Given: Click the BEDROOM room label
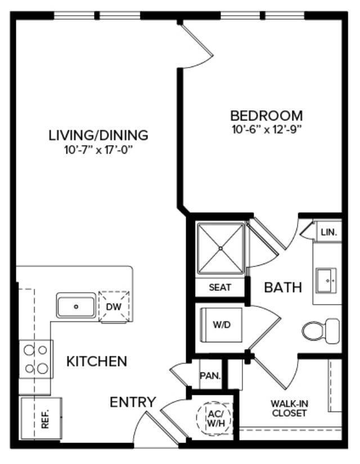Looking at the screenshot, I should pos(267,115).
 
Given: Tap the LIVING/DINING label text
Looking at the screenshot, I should pos(98,135).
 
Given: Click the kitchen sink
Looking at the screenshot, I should pos(76,306).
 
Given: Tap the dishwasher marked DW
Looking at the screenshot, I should pos(114,306).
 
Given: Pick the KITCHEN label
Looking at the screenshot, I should pos(97,361).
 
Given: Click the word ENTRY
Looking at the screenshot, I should pos(133,402).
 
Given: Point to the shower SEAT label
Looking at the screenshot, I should pos(220,287).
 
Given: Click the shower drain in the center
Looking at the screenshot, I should pos(220,248).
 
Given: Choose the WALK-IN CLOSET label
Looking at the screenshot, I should pos(289,408).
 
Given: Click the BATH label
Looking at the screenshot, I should pos(283,288).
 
